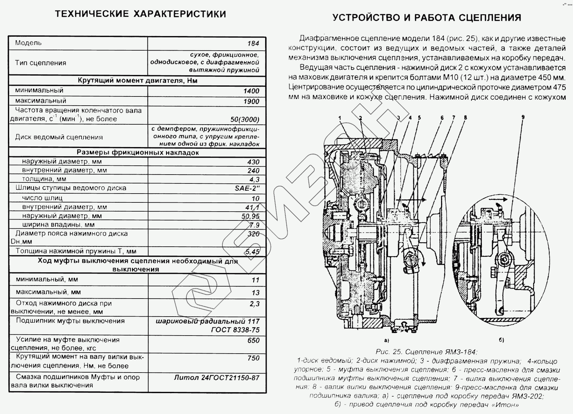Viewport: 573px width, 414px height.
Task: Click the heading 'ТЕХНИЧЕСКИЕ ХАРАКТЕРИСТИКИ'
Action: (x=140, y=14)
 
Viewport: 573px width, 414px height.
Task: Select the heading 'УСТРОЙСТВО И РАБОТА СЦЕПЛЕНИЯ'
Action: (x=427, y=17)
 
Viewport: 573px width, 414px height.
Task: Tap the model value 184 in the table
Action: (x=253, y=44)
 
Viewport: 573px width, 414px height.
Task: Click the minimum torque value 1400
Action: (x=251, y=91)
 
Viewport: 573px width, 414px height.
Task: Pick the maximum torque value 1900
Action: (x=251, y=102)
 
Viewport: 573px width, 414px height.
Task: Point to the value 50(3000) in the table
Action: (x=245, y=120)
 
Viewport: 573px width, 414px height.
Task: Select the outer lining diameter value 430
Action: (x=253, y=162)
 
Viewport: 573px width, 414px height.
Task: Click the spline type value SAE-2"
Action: (x=247, y=188)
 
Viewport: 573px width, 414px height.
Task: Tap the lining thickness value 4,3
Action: (x=254, y=180)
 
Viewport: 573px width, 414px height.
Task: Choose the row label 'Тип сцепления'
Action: (x=40, y=63)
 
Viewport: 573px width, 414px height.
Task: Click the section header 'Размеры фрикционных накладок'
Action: (x=138, y=153)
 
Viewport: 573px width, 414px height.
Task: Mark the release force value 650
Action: (x=253, y=341)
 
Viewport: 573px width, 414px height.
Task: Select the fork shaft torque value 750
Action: (x=253, y=358)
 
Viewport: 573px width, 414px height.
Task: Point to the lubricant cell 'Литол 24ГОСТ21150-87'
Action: (x=216, y=378)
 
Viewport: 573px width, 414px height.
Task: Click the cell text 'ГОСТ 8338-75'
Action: (x=235, y=330)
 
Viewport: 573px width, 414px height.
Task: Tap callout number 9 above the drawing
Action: (x=523, y=117)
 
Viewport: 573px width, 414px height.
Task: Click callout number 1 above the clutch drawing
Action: (x=339, y=118)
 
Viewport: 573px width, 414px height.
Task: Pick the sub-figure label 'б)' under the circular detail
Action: (x=501, y=340)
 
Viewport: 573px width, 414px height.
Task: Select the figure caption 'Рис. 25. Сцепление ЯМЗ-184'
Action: (x=427, y=352)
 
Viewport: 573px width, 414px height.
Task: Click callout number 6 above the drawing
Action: (x=442, y=118)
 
